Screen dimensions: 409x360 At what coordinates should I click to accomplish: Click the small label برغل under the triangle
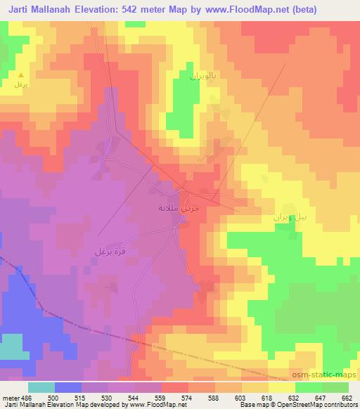tap(20, 84)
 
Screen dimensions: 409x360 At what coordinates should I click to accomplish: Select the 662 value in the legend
tap(346, 398)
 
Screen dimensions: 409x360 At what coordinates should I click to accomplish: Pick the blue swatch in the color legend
tap(68, 387)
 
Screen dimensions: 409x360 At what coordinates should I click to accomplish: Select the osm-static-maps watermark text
tap(326, 375)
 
